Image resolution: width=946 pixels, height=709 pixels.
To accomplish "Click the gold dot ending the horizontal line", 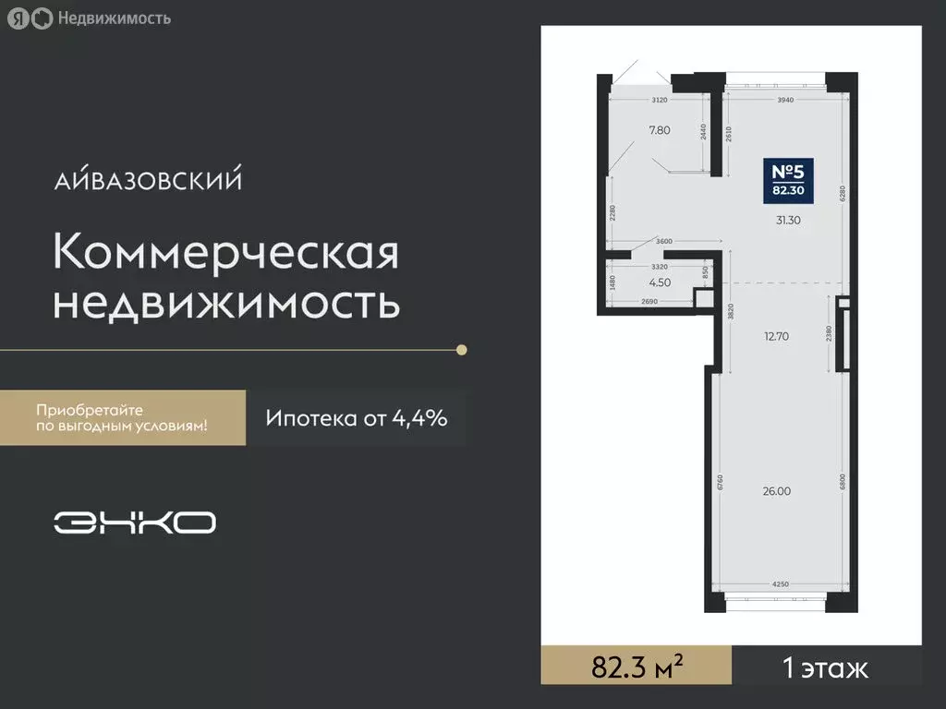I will [462, 350].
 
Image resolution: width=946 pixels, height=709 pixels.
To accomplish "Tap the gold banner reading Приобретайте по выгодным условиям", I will [122, 417].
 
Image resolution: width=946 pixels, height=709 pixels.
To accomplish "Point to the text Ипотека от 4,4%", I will [357, 418].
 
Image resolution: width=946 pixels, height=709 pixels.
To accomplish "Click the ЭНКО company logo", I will [135, 523].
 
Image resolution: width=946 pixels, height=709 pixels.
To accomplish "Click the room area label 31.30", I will [788, 220].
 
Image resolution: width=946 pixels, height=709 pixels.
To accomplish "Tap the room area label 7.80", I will [660, 130].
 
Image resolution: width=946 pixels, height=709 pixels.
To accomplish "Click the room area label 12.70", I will [776, 336].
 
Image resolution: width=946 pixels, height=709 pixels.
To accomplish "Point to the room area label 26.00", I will [776, 491].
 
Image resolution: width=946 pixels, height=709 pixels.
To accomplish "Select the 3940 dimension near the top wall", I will [785, 99].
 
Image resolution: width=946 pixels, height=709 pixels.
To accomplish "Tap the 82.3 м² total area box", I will [637, 667].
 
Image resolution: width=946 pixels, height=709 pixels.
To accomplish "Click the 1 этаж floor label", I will [825, 667].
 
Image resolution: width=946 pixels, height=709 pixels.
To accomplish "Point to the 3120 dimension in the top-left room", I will [659, 99].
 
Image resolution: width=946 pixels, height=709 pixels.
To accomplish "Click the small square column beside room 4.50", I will [704, 298].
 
